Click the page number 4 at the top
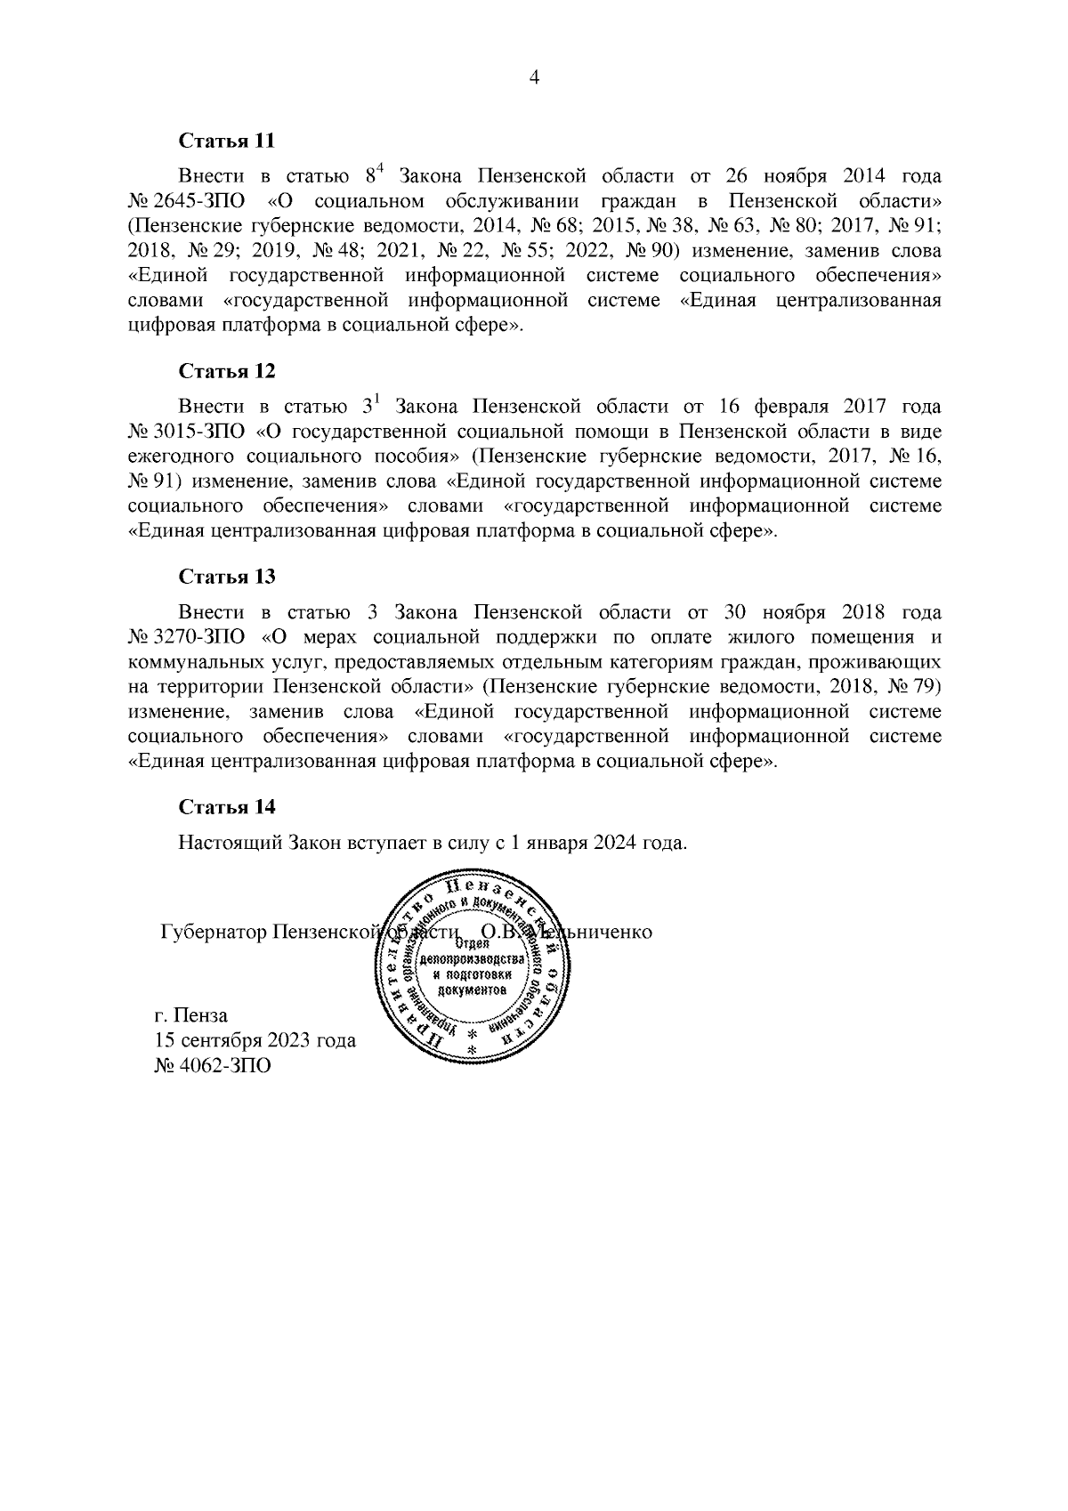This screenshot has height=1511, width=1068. (534, 77)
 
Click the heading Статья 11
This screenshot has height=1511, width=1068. (227, 141)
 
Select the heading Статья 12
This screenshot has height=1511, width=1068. (227, 370)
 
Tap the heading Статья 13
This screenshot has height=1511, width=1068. (227, 576)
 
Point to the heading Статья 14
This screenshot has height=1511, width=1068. (227, 806)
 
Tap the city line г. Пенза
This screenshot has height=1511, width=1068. (191, 1014)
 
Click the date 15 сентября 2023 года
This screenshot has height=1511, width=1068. (255, 1039)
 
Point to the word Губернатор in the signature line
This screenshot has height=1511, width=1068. (214, 932)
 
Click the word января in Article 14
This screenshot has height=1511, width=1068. (552, 843)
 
